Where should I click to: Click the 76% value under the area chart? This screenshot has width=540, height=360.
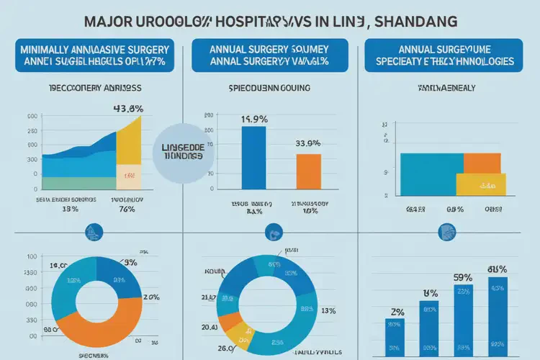pyautogui.click(x=127, y=210)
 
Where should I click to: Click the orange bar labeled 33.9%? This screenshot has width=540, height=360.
pyautogui.click(x=309, y=171)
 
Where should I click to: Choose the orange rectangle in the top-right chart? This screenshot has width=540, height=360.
pyautogui.click(x=482, y=163)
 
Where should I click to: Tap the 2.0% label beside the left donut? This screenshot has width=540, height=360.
pyautogui.click(x=151, y=297)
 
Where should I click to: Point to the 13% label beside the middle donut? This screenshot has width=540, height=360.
pyautogui.click(x=328, y=311)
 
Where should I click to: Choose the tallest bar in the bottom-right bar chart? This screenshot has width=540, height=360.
pyautogui.click(x=497, y=318)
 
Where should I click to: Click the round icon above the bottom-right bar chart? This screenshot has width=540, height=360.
pyautogui.click(x=446, y=232)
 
